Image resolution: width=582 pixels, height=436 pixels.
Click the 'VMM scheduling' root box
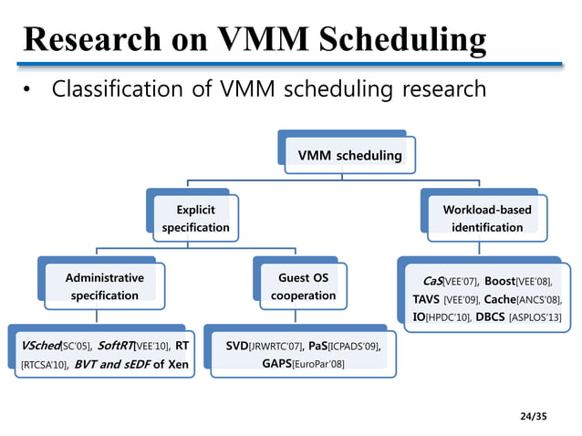click(343, 155)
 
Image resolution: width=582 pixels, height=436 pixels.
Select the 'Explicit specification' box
click(195, 218)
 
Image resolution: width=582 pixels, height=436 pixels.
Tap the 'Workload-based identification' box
click(487, 218)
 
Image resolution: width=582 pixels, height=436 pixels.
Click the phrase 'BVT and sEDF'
click(111, 364)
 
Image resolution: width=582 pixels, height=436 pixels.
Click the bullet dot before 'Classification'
click(28, 90)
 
